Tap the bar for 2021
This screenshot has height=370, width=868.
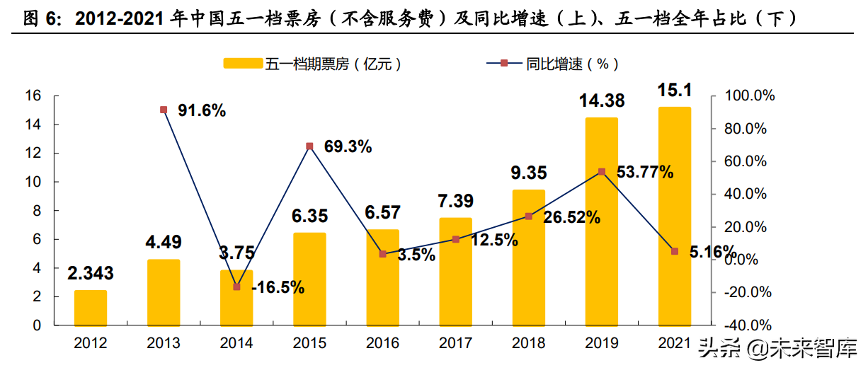click(674, 216)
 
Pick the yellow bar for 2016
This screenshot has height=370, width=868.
click(382, 277)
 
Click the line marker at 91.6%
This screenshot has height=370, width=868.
click(164, 110)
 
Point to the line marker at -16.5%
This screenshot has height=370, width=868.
click(236, 287)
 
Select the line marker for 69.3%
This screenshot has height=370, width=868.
click(309, 146)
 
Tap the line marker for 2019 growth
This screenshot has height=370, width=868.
click(601, 172)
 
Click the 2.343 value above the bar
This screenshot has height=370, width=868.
click(90, 273)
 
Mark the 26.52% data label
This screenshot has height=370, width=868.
click(571, 217)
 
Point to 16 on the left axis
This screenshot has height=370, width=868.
click(33, 96)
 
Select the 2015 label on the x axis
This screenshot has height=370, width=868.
click(309, 344)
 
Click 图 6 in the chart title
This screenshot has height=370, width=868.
click(39, 19)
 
